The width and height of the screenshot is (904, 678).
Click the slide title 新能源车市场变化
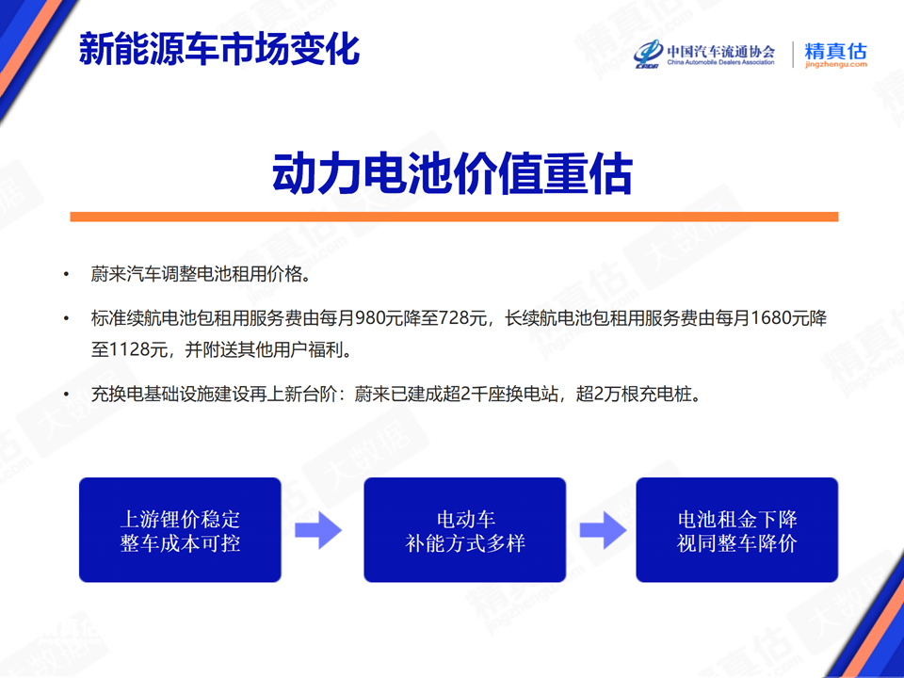click(x=219, y=49)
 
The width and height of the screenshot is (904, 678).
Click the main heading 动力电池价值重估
click(x=453, y=174)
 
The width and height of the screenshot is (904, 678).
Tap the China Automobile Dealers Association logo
click(x=704, y=55)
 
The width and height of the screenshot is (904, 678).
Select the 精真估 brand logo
click(x=835, y=55)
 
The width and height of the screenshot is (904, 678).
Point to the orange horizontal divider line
click(x=454, y=217)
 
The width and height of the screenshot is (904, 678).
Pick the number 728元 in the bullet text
click(x=463, y=317)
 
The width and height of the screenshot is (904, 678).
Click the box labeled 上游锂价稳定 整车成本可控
click(x=180, y=530)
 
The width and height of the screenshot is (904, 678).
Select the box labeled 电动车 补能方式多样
click(x=464, y=530)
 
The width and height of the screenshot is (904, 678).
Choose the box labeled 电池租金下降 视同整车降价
click(x=736, y=530)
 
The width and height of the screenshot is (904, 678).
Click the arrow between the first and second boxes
click(x=318, y=530)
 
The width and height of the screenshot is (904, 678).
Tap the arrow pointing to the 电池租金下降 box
click(x=603, y=530)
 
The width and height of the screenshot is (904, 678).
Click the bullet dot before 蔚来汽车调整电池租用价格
click(x=66, y=274)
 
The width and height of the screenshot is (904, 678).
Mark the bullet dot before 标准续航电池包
click(x=66, y=318)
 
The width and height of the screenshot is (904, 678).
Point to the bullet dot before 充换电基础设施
click(x=66, y=395)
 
